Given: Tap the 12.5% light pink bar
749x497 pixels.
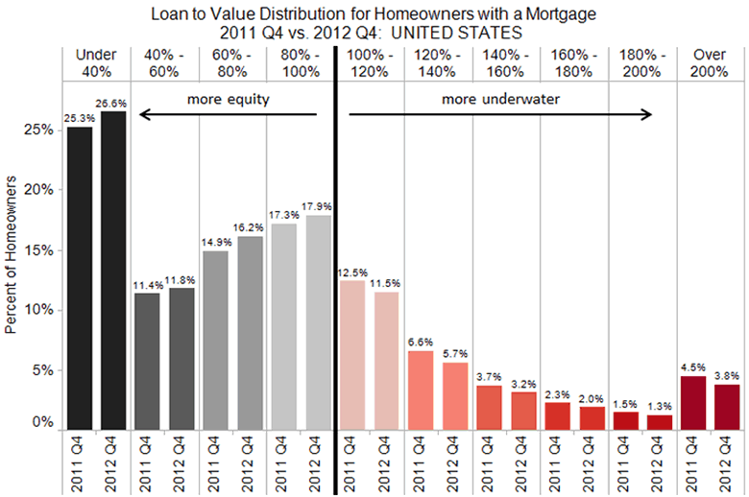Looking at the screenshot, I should [353, 356].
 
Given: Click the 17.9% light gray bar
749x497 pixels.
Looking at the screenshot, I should [319, 323].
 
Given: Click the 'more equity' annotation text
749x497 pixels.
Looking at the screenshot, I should [228, 99].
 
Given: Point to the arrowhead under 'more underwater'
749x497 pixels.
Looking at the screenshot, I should [649, 115].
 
